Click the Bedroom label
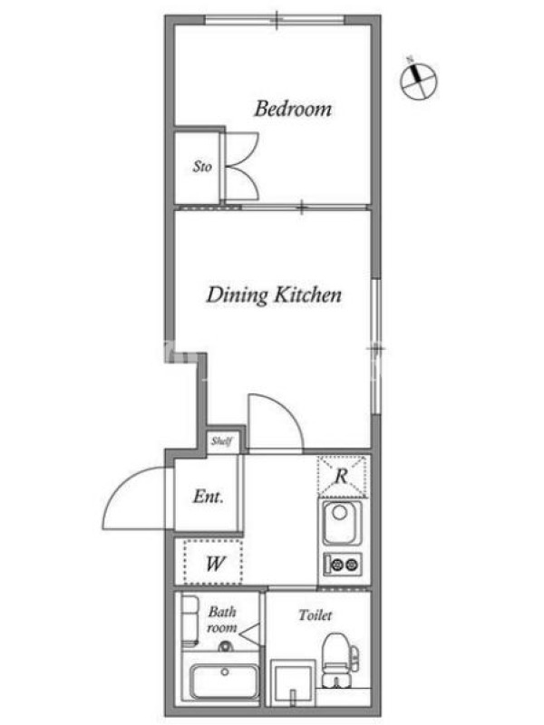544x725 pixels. pos(293,109)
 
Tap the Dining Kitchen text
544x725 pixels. pos(274,295)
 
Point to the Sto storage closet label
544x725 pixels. pos(202,166)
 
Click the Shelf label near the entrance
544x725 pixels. pos(221,441)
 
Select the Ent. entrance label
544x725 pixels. pos(209,497)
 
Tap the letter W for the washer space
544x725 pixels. pos(215,564)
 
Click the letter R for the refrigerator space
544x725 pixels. pos(342,476)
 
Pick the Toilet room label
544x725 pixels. pos(315,615)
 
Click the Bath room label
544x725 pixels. pos(222,620)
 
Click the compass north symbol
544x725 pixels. pos(418,79)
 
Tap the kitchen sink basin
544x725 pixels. pos(342,524)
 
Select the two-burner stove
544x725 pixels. pos(343,564)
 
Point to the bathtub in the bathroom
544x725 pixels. pos(225,681)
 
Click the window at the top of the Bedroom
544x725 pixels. pos(275,19)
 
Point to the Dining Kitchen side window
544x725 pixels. pos(376,346)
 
